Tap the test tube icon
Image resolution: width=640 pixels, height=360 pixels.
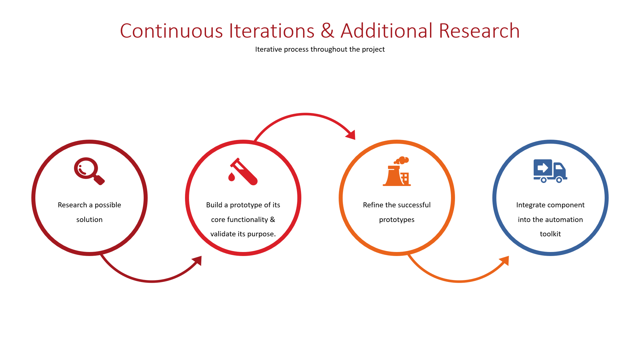[x=243, y=171]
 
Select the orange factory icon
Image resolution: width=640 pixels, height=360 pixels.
[x=397, y=171]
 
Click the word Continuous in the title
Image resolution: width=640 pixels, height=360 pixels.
[x=171, y=31]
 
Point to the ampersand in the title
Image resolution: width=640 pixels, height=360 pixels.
[x=327, y=31]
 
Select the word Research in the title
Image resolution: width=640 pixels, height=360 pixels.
[x=479, y=31]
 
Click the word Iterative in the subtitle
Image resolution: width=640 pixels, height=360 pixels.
[x=268, y=49]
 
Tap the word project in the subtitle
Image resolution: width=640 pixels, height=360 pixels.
[x=373, y=50]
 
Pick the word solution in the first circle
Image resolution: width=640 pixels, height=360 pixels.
[x=89, y=220]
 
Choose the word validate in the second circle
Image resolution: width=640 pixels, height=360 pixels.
[x=223, y=234]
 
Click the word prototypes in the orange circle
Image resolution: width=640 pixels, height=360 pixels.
[x=397, y=220]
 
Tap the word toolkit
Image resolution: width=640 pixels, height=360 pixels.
[x=550, y=234]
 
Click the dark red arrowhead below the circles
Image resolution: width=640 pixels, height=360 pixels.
[x=197, y=261]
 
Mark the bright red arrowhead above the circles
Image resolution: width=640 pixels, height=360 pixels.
[x=351, y=135]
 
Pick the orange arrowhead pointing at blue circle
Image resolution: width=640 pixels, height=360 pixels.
[x=504, y=261]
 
